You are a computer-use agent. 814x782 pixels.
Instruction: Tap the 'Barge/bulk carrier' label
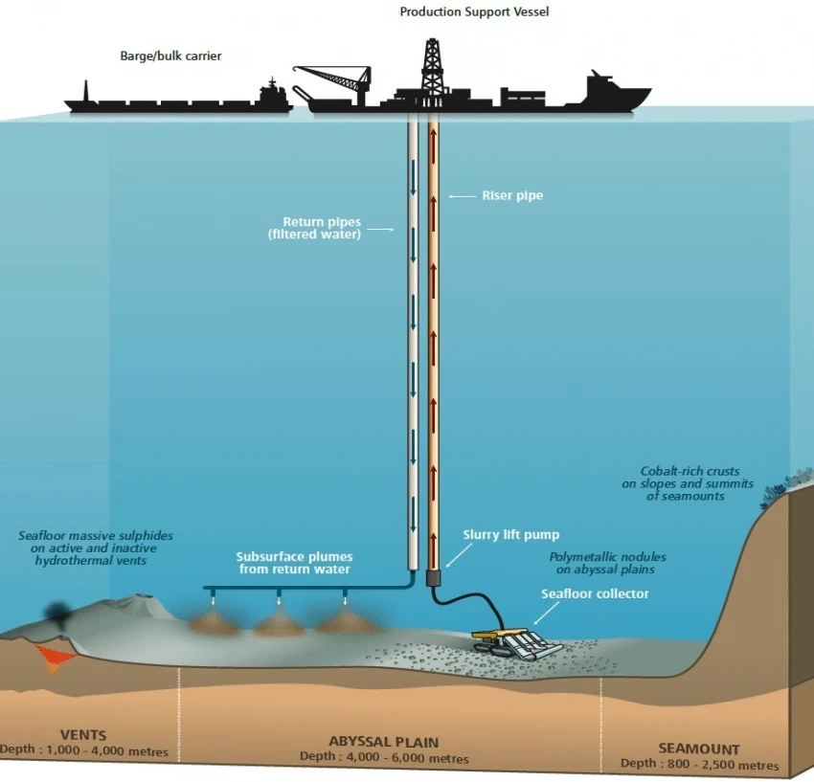pos(170,56)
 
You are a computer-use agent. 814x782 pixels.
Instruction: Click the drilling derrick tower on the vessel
pos(435,67)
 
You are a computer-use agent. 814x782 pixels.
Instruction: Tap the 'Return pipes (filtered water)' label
pos(321,228)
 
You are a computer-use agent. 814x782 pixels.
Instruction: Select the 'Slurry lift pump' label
pos(497,535)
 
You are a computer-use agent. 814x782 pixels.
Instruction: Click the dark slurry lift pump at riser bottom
pos(432,578)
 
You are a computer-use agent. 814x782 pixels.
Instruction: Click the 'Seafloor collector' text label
pos(594,593)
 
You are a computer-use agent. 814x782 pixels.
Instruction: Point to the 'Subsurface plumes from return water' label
pos(294,563)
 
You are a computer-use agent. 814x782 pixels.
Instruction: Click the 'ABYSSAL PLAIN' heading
pos(383,742)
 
